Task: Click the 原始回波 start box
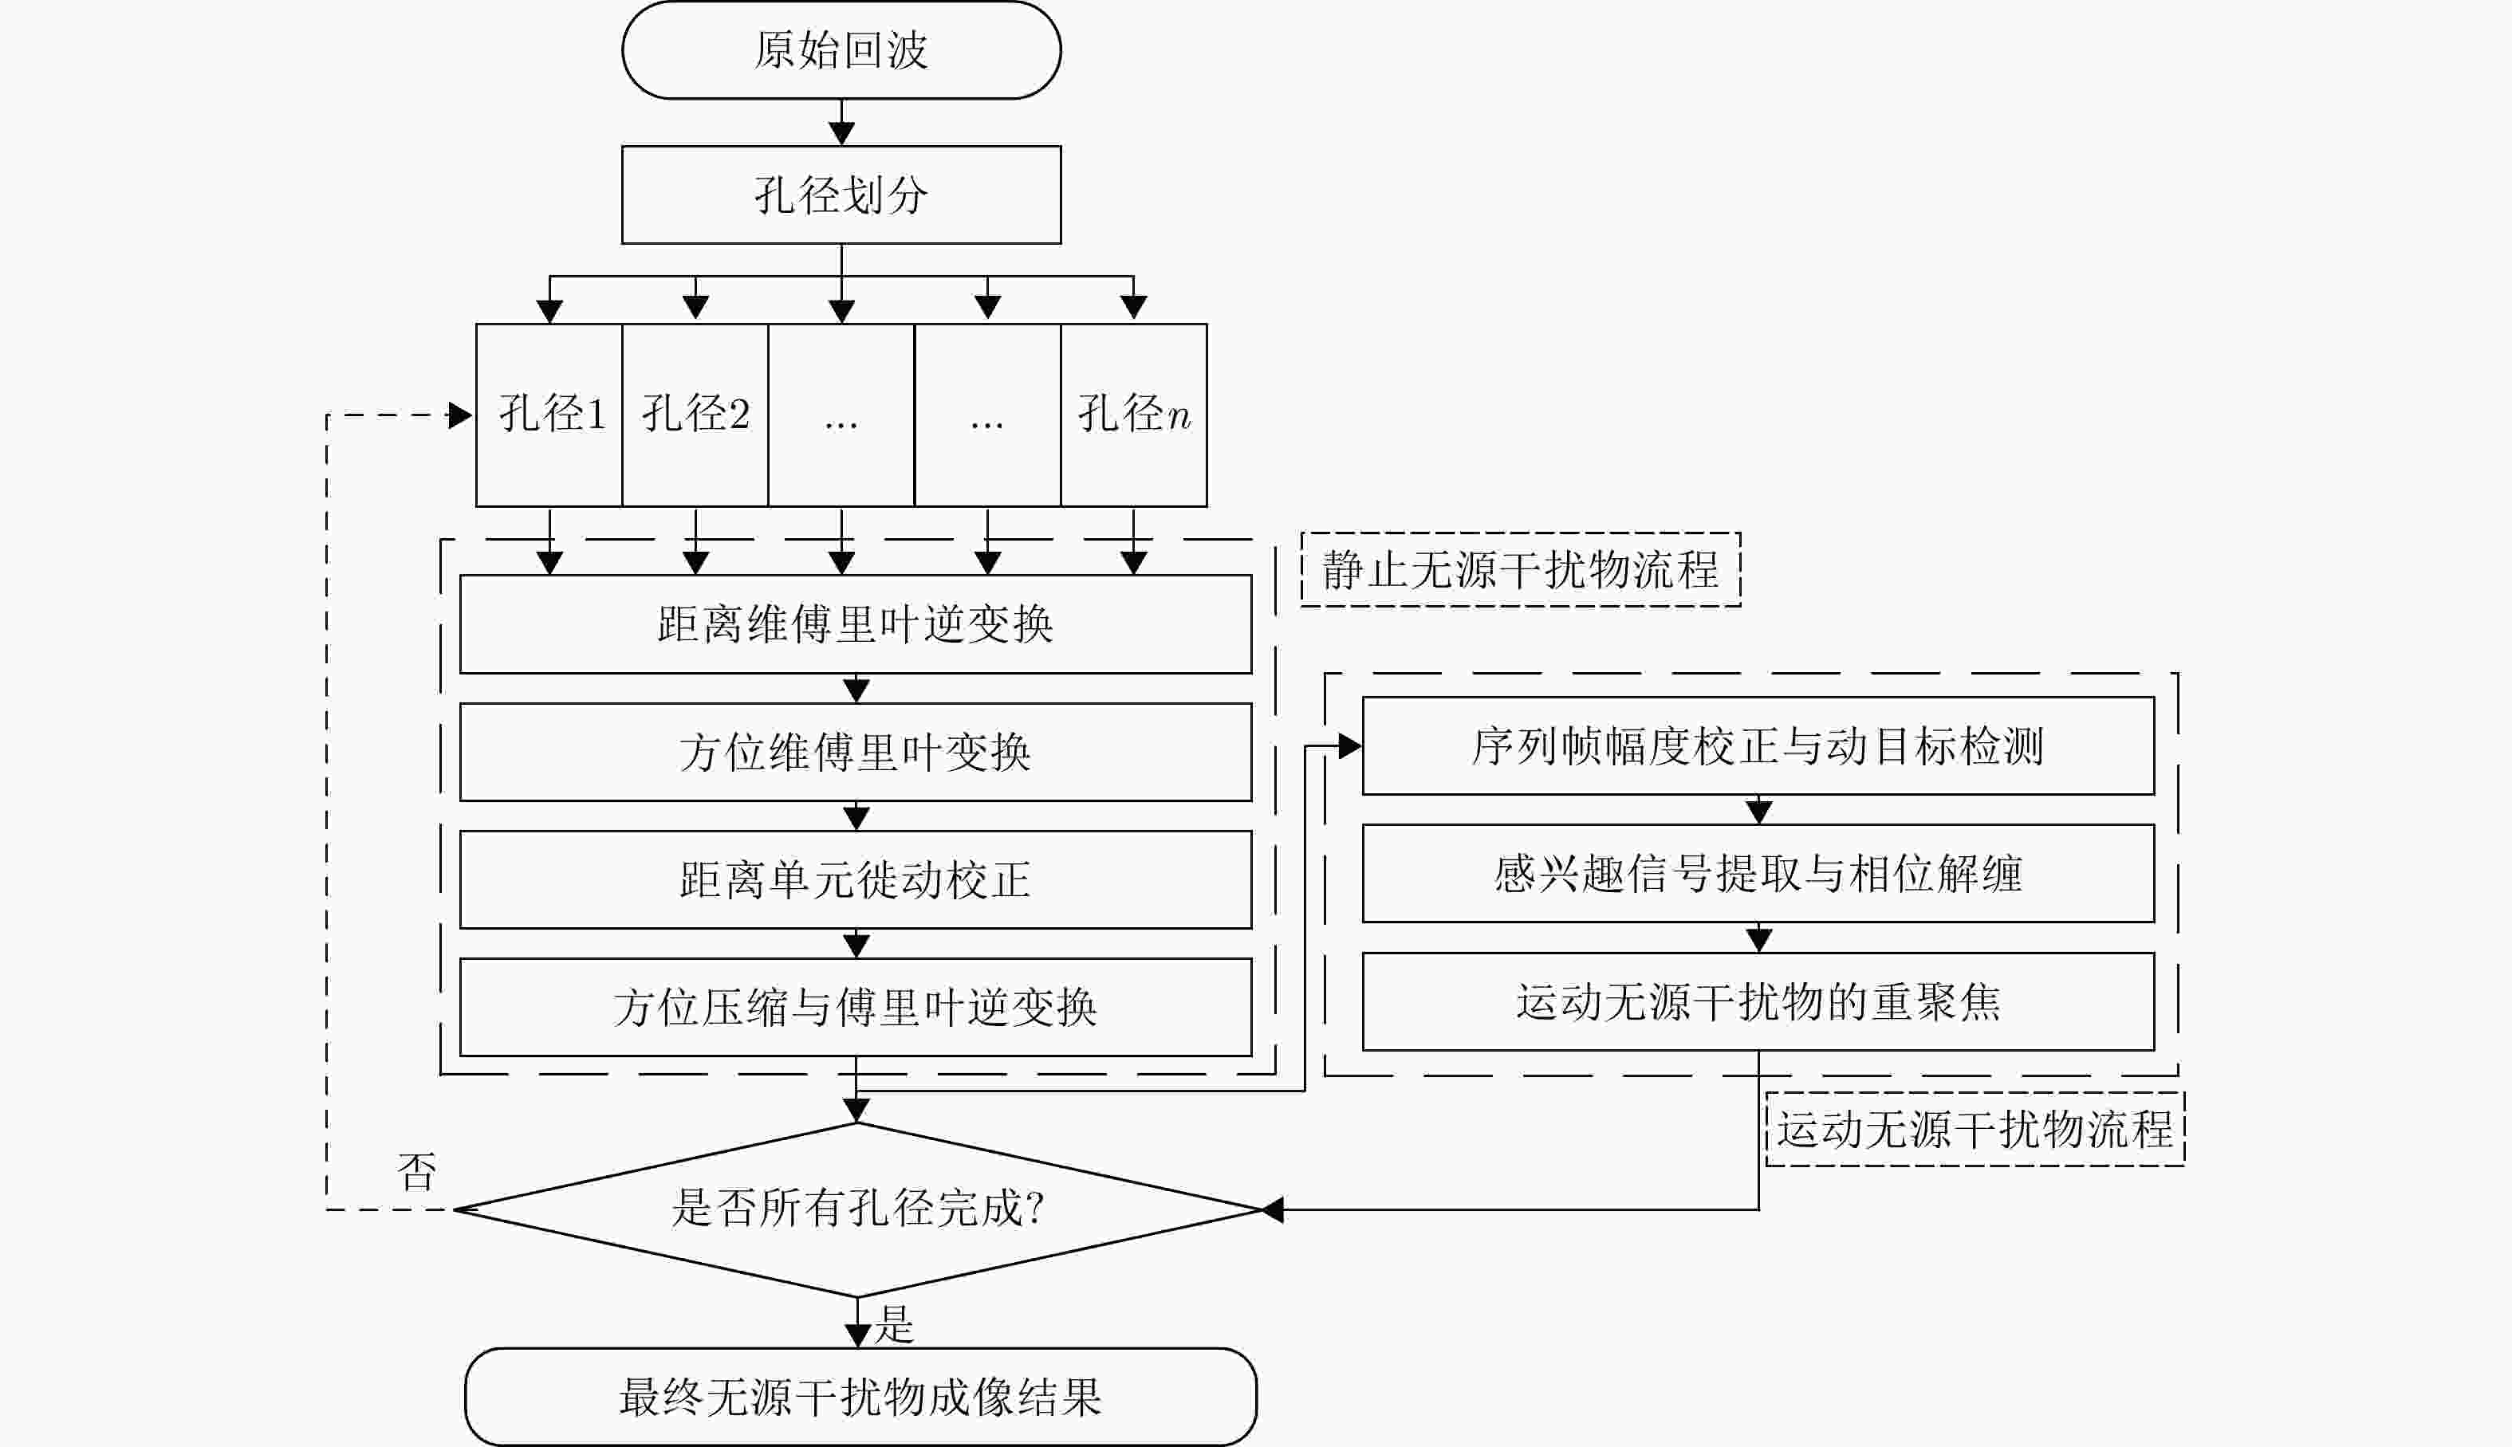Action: click(841, 49)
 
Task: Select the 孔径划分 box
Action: click(841, 195)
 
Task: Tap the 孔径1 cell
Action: click(549, 415)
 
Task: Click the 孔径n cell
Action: click(1134, 415)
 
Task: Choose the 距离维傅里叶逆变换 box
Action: click(855, 624)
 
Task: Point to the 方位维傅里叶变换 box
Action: click(855, 753)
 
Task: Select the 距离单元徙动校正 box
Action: click(855, 879)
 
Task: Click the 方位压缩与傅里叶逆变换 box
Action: click(855, 1007)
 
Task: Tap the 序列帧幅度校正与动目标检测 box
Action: click(1758, 746)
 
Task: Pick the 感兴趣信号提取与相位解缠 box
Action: click(1758, 874)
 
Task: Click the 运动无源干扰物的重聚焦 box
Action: click(1758, 1002)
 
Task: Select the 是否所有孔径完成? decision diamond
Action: click(857, 1209)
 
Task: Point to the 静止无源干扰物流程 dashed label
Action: click(1521, 569)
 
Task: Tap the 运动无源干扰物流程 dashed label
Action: click(1975, 1129)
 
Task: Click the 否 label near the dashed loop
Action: click(416, 1172)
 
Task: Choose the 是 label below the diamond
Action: click(894, 1323)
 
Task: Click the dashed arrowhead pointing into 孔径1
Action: click(460, 415)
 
